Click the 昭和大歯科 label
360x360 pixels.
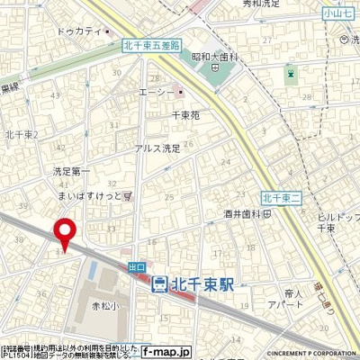click(x=212, y=57)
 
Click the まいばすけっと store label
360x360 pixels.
click(x=91, y=193)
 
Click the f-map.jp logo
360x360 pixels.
click(x=167, y=353)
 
